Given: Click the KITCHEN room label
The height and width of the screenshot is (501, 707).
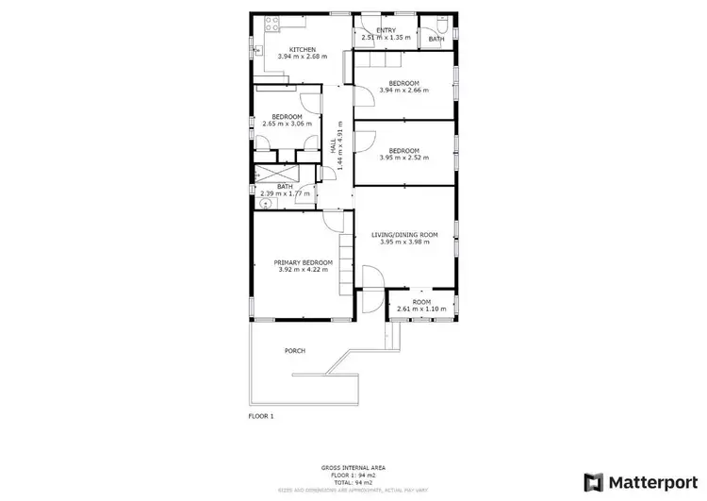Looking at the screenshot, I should click(x=302, y=49).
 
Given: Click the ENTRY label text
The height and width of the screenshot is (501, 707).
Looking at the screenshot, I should click(x=386, y=31).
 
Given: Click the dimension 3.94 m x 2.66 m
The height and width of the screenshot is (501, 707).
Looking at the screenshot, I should click(x=403, y=91).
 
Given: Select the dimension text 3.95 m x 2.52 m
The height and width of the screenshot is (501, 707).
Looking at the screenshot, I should click(x=403, y=158).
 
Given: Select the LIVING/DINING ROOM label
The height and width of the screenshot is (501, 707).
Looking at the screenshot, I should click(x=404, y=235).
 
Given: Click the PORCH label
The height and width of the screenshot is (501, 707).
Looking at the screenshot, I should click(x=295, y=351).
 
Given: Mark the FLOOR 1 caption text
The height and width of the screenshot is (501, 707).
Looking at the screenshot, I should click(x=261, y=415).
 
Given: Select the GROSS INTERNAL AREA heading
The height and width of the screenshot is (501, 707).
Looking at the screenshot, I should click(x=353, y=468).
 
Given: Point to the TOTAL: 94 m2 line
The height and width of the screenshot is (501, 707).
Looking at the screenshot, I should click(x=353, y=481).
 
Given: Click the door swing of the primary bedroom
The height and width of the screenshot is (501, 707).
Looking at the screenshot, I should click(x=332, y=220).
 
